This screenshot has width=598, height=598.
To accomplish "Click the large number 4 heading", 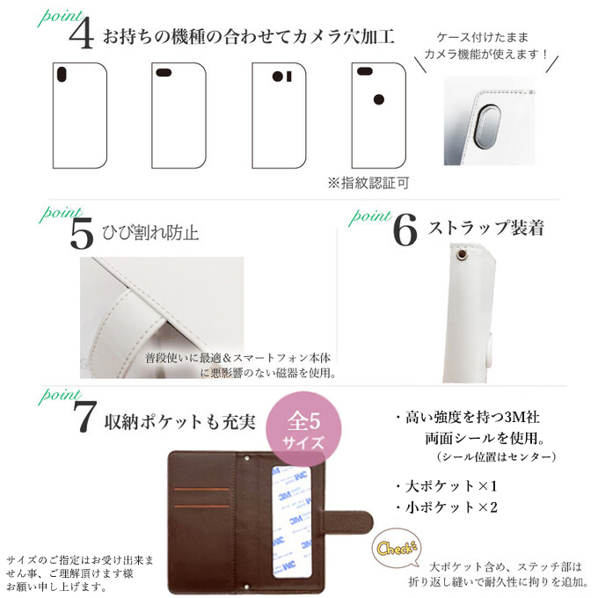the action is click(x=81, y=33).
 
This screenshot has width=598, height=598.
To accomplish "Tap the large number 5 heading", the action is click(x=82, y=233).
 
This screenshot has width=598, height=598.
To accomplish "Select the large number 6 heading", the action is click(x=405, y=230).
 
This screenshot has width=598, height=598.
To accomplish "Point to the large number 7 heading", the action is click(x=84, y=417).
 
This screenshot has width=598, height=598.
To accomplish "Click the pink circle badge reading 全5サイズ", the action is click(x=303, y=429).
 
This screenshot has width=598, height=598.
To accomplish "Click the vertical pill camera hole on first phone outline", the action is click(x=62, y=75).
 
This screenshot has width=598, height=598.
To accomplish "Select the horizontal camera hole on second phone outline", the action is click(x=164, y=72).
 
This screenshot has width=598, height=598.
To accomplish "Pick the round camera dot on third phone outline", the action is click(x=277, y=77).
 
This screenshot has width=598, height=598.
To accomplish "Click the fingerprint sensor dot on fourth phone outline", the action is click(x=379, y=99).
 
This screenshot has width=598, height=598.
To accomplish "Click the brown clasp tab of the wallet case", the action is click(x=347, y=523).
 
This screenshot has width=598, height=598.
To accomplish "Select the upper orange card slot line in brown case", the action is click(x=201, y=489).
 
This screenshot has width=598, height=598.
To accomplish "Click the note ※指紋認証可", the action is click(x=368, y=183).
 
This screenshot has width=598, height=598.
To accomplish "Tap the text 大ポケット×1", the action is click(x=448, y=486).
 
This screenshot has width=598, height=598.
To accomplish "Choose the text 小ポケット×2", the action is click(x=448, y=507).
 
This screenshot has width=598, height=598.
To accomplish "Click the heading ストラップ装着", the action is click(x=485, y=228).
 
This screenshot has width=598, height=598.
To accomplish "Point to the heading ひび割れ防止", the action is click(x=150, y=233).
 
